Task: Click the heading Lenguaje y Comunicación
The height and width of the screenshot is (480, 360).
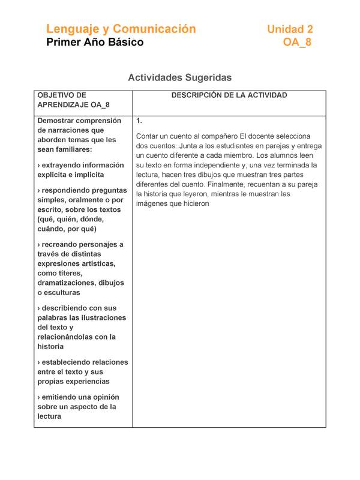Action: (x=121, y=29)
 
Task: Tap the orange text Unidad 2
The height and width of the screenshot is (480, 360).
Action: (x=290, y=29)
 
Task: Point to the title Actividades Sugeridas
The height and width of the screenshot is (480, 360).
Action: (x=179, y=77)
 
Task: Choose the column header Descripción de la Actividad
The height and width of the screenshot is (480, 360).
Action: (x=229, y=95)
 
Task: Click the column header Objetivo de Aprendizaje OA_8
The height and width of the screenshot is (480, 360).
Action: (x=73, y=100)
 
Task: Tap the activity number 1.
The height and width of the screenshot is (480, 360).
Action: (x=139, y=121)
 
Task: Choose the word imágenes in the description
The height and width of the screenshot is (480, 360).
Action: (x=152, y=204)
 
